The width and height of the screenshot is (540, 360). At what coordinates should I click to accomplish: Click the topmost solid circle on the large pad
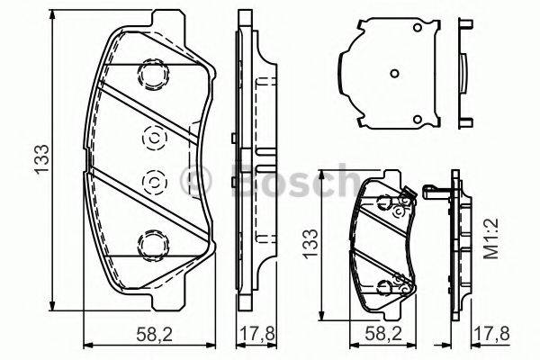(151, 73)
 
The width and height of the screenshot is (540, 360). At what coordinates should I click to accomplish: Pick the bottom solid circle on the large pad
(151, 242)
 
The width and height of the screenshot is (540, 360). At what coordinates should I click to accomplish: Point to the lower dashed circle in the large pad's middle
(151, 182)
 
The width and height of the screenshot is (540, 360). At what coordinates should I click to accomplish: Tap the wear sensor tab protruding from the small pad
(433, 192)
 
